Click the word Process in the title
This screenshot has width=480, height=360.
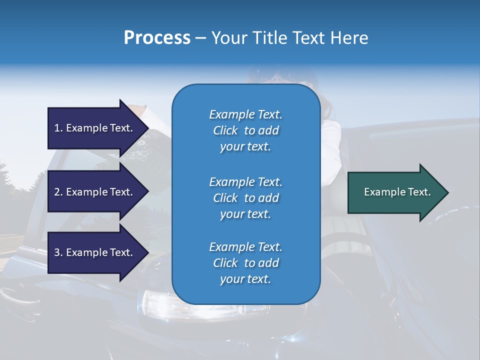(x=157, y=38)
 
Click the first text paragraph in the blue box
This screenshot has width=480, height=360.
(x=245, y=130)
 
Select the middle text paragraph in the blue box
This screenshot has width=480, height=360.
(x=245, y=198)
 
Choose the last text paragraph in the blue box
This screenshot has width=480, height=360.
(x=245, y=263)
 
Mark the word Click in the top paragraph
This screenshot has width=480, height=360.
(x=225, y=130)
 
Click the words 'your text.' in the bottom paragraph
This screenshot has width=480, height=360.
(x=245, y=279)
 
